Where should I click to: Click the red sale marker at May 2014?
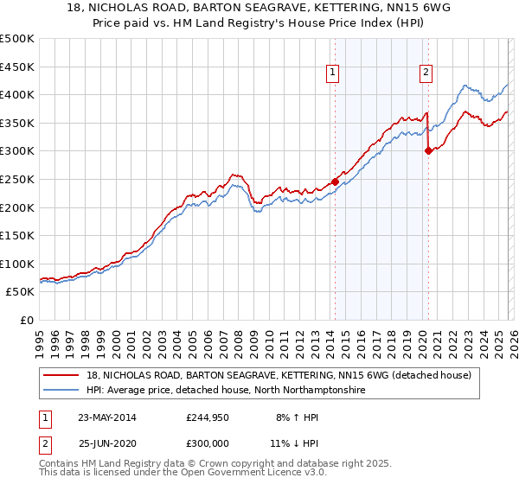pyautogui.click(x=335, y=181)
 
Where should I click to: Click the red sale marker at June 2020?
pyautogui.click(x=428, y=150)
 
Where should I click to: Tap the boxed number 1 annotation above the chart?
pyautogui.click(x=333, y=73)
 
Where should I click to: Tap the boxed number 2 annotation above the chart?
pyautogui.click(x=426, y=73)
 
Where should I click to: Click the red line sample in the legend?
pyautogui.click(x=61, y=375)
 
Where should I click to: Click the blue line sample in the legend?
pyautogui.click(x=61, y=391)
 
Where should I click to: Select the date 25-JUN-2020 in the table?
pyautogui.click(x=109, y=443)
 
